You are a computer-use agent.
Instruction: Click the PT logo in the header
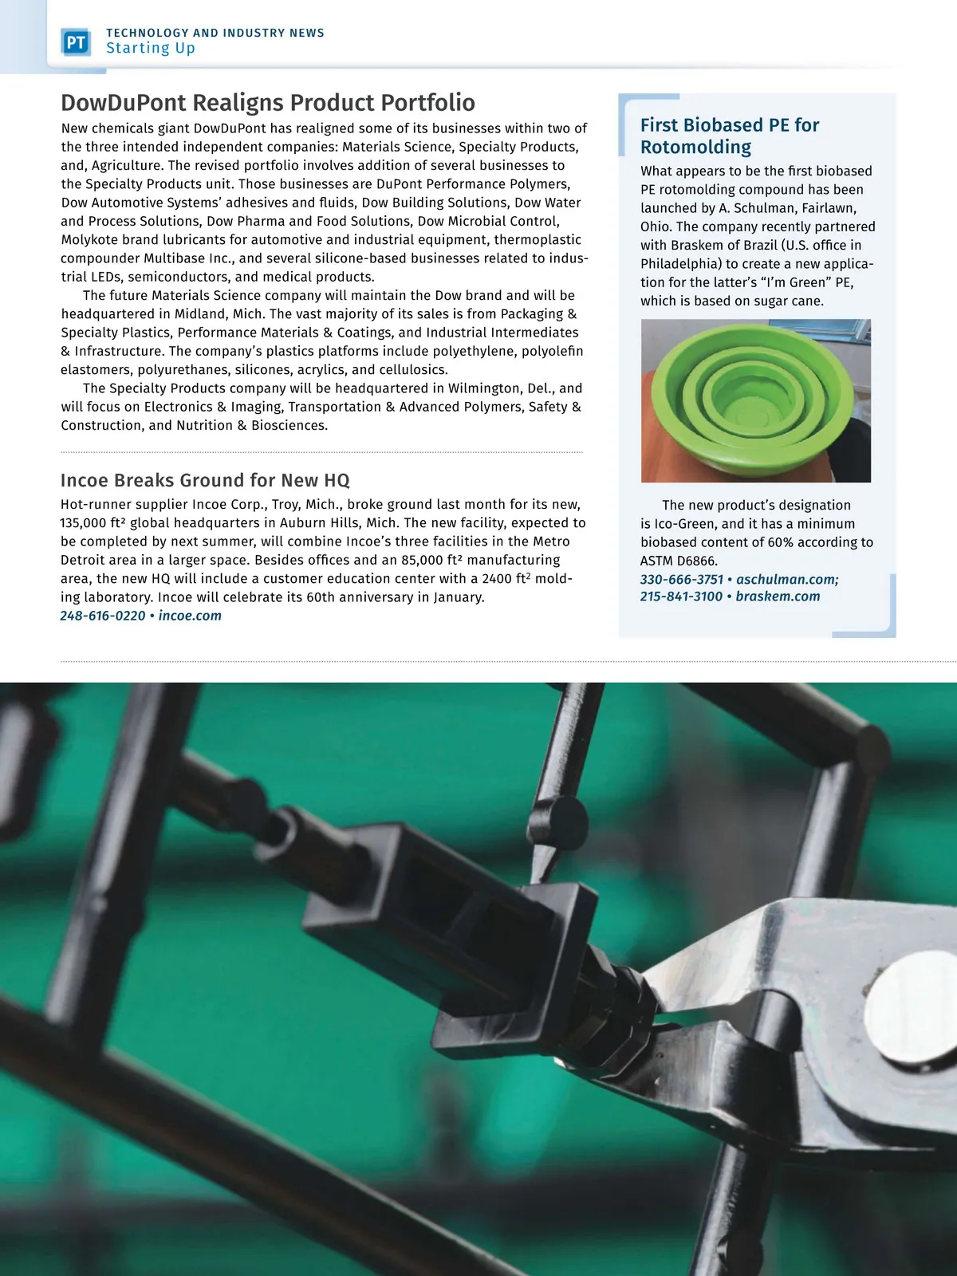click(76, 41)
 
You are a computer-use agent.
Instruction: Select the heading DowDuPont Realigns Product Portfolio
click(268, 103)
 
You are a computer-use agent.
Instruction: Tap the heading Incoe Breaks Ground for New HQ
click(205, 480)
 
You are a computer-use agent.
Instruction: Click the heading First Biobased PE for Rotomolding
click(729, 136)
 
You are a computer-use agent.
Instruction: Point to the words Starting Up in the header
click(151, 49)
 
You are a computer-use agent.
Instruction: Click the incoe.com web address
click(190, 616)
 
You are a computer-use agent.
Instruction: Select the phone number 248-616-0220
click(103, 616)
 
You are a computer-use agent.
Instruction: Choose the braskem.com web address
click(778, 597)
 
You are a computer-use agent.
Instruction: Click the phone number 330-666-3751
click(681, 580)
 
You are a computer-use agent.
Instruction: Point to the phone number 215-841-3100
click(681, 597)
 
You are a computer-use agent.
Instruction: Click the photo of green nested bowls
click(755, 400)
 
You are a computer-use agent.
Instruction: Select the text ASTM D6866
click(679, 561)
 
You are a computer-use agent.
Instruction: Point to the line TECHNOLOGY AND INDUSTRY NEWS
click(215, 33)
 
